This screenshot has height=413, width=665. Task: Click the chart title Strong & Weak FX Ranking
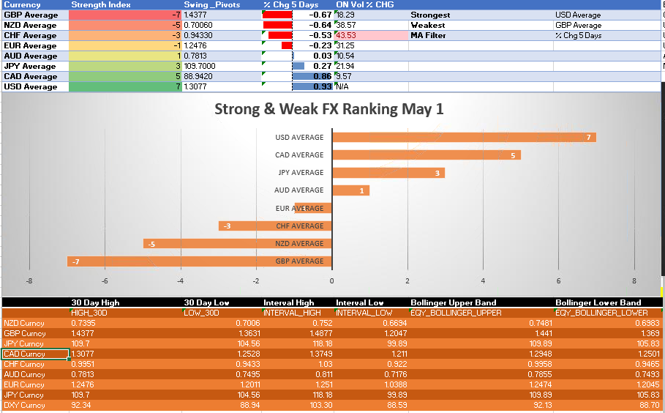point(328,110)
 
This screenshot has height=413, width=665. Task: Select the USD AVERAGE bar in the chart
point(464,138)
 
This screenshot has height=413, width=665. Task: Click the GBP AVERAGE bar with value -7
point(199,261)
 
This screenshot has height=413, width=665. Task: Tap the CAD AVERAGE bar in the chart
point(426,155)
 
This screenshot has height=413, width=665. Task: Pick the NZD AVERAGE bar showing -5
point(237,244)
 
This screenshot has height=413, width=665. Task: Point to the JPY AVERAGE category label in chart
point(301,173)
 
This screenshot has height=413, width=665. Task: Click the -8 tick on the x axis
point(29,280)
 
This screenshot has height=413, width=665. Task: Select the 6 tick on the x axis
point(559,280)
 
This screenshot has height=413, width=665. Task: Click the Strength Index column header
point(101,4)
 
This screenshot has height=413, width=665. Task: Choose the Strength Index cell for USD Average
point(125,86)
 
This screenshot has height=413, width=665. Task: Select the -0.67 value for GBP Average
point(320,15)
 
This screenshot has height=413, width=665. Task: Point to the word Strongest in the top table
point(430,15)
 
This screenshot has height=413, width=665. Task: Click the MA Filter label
point(428,35)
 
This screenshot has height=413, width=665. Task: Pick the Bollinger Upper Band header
point(453,302)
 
